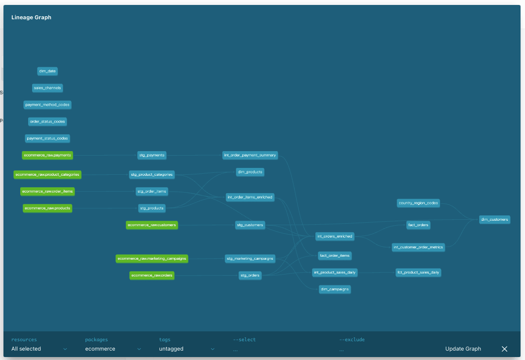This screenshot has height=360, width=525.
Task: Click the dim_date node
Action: (x=47, y=71)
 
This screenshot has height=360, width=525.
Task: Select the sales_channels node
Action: (x=47, y=88)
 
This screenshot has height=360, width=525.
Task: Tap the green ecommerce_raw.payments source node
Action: (x=47, y=155)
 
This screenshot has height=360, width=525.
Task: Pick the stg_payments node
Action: (x=151, y=155)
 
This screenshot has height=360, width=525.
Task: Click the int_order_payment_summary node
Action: (x=250, y=155)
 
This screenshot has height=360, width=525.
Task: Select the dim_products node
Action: (x=250, y=172)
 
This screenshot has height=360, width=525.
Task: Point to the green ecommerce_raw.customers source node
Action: (x=151, y=225)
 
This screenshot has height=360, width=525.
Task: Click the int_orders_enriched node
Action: (x=335, y=237)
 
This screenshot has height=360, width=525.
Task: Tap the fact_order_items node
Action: (x=335, y=256)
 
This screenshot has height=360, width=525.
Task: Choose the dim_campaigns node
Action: (x=335, y=289)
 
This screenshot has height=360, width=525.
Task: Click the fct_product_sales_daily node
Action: (x=418, y=273)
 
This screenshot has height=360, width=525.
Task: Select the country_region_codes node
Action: (x=418, y=203)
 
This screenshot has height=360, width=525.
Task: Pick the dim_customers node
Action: (x=494, y=220)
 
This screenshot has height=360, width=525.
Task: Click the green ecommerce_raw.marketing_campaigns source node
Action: (x=151, y=259)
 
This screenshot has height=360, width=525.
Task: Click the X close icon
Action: (x=504, y=349)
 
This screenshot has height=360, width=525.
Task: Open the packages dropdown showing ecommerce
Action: (x=113, y=349)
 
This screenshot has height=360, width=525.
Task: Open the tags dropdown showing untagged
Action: (x=187, y=349)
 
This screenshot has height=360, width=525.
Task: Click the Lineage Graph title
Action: (x=31, y=17)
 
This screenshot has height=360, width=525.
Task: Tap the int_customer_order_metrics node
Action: (x=418, y=247)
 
